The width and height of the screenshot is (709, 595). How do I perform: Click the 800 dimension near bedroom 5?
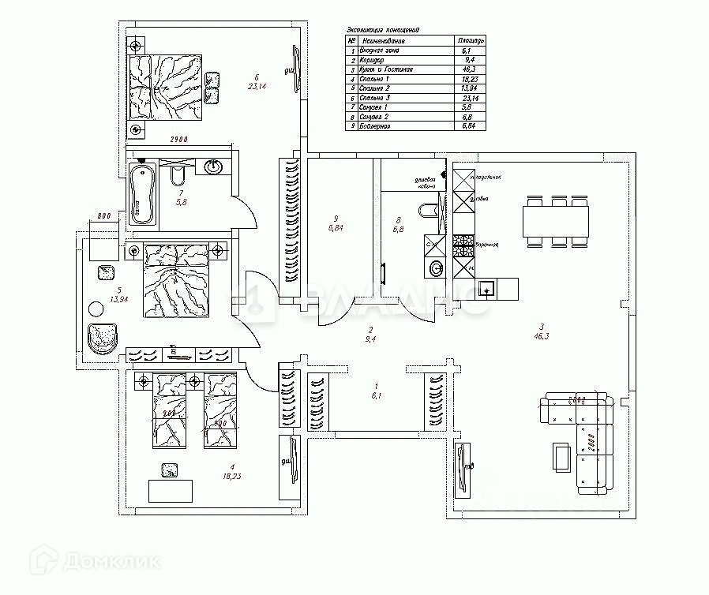click(x=102, y=215)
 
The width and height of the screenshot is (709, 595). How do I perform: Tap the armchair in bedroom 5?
click(x=103, y=338)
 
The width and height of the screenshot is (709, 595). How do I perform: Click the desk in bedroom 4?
click(x=171, y=490)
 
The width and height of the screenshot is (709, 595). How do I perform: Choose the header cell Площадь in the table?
click(x=471, y=39)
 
